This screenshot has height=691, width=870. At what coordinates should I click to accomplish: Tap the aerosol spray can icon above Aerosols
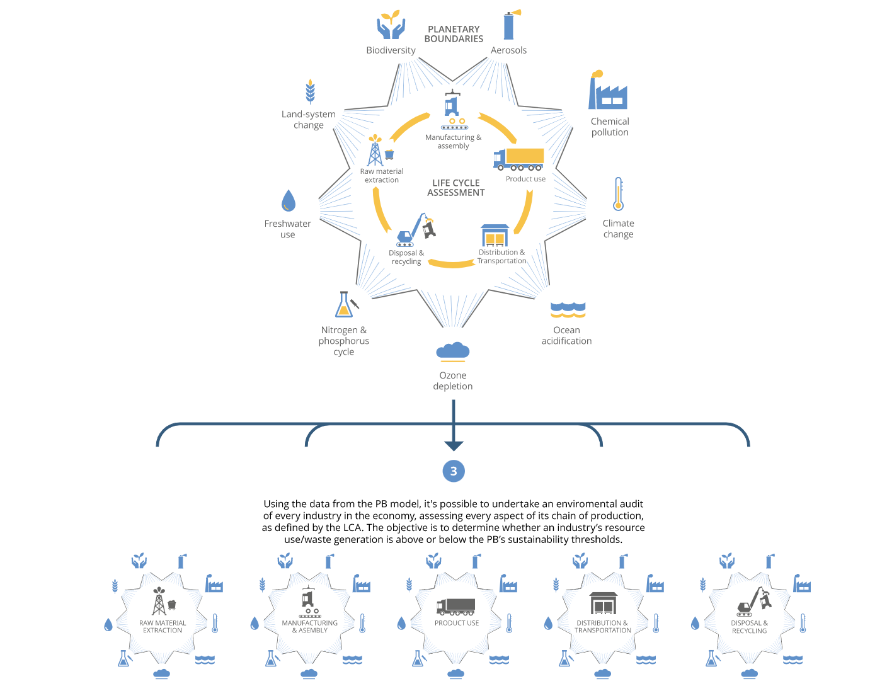510,25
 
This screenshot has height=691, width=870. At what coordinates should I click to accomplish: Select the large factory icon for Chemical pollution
607,91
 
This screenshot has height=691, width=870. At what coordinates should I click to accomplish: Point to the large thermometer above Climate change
619,194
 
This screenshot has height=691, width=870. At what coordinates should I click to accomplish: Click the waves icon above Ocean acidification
568,309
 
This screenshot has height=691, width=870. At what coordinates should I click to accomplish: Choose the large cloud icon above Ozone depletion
453,351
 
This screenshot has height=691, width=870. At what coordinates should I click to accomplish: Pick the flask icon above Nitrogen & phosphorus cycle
345,305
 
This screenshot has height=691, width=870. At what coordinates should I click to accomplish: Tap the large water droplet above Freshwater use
288,201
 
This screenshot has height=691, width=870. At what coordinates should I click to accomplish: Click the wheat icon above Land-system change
310,91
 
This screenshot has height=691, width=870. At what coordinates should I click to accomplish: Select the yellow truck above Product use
519,159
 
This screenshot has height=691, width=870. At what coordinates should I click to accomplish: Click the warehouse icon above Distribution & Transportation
495,236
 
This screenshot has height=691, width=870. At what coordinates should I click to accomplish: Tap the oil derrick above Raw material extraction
376,151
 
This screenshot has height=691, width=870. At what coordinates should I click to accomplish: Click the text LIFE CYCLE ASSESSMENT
455,188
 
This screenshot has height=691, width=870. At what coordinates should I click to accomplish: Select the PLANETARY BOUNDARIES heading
454,34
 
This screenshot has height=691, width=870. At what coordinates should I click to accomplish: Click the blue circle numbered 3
454,471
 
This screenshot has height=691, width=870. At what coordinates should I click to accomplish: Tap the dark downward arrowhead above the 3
454,445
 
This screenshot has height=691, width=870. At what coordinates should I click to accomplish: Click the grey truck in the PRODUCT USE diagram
455,607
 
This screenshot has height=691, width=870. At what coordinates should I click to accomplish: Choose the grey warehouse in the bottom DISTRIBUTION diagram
603,603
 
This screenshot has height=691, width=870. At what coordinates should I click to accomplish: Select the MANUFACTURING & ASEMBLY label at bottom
309,627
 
